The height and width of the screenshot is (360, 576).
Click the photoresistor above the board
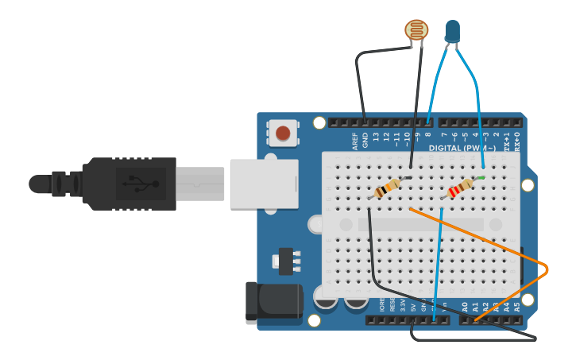click(x=416, y=30)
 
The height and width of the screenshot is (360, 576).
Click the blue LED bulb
click(x=453, y=31)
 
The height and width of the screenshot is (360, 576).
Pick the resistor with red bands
click(x=458, y=190)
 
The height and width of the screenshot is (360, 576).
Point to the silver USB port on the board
click(x=264, y=184)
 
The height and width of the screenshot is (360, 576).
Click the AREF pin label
click(x=355, y=141)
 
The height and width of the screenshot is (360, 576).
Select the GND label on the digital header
click(x=365, y=141)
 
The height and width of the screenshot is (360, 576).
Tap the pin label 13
click(x=376, y=138)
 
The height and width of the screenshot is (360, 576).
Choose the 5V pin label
click(x=412, y=306)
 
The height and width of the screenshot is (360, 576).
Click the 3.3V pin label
click(x=402, y=305)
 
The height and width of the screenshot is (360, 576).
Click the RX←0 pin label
click(x=517, y=141)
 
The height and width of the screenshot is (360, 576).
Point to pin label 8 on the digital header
click(x=428, y=137)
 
